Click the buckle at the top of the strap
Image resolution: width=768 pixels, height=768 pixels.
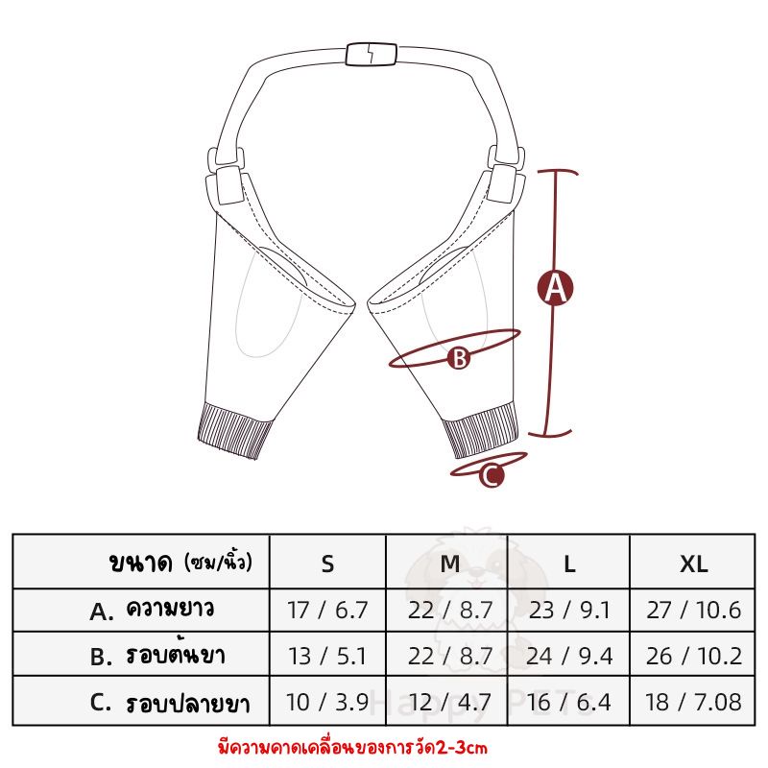coord(371,54)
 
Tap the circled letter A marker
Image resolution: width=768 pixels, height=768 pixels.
coord(555,287)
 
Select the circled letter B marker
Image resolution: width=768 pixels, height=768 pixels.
coord(459,358)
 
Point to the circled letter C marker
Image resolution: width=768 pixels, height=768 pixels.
coord(492,475)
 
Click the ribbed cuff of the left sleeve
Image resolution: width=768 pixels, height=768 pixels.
coord(235,430)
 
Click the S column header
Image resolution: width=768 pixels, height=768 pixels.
coord(327,564)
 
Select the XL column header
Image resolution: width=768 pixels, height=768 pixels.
coord(693,564)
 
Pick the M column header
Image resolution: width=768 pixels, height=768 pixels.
coord(449,564)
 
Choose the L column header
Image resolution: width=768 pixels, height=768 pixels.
coord(569,564)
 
